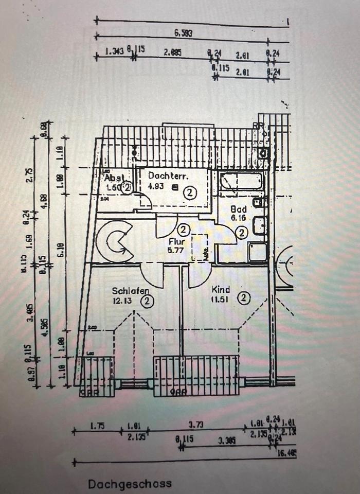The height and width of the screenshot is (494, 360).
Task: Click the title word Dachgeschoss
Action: click(x=130, y=484)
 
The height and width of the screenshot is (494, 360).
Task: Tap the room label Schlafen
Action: click(x=131, y=291)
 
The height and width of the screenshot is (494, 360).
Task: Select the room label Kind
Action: click(x=220, y=290)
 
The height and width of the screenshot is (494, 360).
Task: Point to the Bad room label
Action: click(x=239, y=209)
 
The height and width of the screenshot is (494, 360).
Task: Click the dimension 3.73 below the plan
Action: click(x=195, y=425)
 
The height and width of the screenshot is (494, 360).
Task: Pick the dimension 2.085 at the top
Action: click(x=172, y=52)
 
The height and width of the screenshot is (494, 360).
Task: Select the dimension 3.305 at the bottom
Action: click(x=226, y=440)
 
